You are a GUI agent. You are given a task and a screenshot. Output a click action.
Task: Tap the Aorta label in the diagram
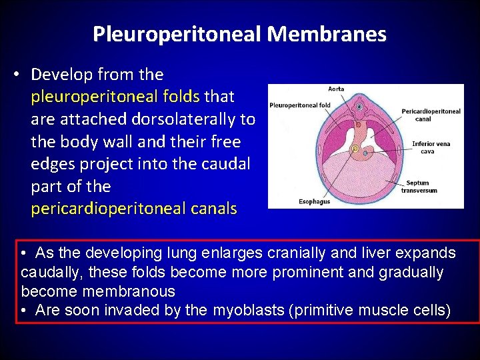(x=336, y=89)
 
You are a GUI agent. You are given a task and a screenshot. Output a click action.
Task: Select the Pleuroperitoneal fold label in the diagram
(x=300, y=105)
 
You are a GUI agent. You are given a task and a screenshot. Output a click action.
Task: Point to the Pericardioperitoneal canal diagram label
(x=431, y=115)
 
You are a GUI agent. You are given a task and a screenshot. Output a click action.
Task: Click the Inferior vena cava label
(x=431, y=147)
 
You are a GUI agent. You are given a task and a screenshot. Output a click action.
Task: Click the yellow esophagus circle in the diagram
(x=355, y=149)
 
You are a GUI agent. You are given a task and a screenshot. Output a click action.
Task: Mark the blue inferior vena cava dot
(x=366, y=153)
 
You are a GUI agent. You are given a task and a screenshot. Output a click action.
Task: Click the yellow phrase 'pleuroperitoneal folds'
(x=115, y=97)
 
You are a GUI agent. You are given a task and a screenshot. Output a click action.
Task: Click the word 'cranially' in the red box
(x=298, y=253)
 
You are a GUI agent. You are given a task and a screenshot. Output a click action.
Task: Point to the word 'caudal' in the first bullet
(x=229, y=164)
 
